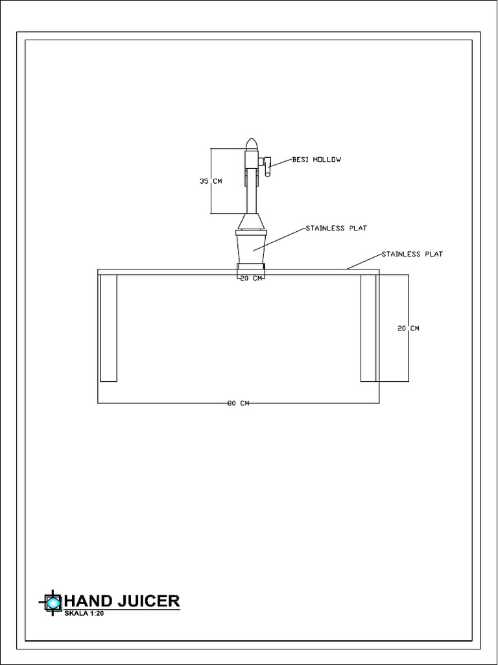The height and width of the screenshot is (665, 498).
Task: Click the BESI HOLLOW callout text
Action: pyautogui.click(x=316, y=159)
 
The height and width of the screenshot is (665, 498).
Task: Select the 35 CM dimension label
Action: pyautogui.click(x=210, y=181)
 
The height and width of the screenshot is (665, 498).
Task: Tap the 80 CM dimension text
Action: pyautogui.click(x=238, y=403)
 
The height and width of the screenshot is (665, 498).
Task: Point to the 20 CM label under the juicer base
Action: pyautogui.click(x=251, y=279)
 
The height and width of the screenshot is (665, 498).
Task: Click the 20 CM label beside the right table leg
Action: pyautogui.click(x=409, y=329)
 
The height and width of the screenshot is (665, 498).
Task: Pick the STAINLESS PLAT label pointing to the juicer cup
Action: pyautogui.click(x=336, y=229)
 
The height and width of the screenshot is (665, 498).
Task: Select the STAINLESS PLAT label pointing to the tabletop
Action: pyautogui.click(x=412, y=254)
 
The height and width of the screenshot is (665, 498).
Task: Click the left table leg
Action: pyautogui.click(x=109, y=328)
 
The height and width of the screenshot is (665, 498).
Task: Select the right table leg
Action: pyautogui.click(x=368, y=328)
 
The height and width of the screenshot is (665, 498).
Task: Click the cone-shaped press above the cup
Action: pyautogui.click(x=250, y=221)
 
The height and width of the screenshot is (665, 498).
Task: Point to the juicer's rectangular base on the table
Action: pyautogui.click(x=250, y=267)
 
